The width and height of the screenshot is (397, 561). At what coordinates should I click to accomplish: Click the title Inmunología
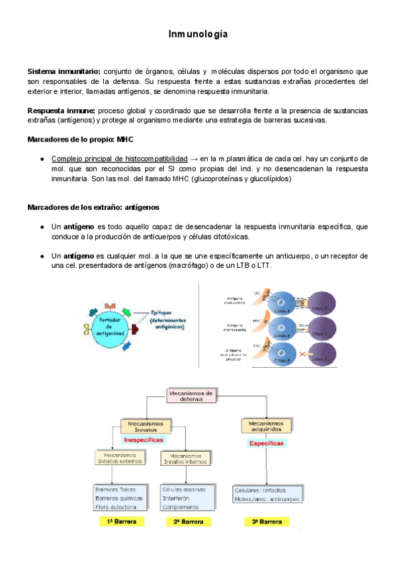(198, 34)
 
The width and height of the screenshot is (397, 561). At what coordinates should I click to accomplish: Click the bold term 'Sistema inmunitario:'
(64, 71)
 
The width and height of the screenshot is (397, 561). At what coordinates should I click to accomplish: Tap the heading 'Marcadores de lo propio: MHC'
(80, 140)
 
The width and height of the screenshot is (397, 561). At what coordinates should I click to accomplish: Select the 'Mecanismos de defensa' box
(191, 395)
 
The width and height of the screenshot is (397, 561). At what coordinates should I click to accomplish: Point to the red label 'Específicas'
(266, 443)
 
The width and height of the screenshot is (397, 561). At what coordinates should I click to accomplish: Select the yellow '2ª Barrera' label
(189, 522)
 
